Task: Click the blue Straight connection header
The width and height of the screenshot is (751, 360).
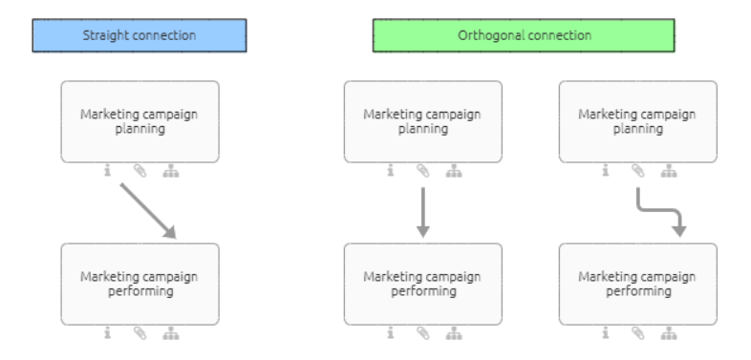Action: click(139, 35)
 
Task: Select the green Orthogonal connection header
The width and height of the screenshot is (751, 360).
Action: click(524, 35)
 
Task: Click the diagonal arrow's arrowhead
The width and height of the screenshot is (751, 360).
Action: click(170, 230)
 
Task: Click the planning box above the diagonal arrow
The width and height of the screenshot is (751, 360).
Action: click(139, 121)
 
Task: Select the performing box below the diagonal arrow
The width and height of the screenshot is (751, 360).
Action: click(139, 284)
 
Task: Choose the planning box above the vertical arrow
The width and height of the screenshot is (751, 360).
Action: click(422, 121)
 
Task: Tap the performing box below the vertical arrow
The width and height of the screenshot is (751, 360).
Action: click(422, 284)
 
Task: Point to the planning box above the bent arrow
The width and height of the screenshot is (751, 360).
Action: click(637, 121)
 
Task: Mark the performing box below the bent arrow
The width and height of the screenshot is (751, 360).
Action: click(637, 284)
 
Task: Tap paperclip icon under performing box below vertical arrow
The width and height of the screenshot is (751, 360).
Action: click(422, 333)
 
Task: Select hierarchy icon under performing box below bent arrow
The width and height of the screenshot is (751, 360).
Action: click(670, 333)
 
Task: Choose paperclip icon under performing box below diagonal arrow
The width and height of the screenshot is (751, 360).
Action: click(139, 333)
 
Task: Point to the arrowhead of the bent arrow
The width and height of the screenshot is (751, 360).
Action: click(679, 230)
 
